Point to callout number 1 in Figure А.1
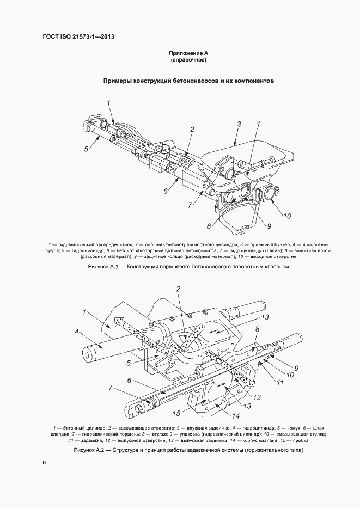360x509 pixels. point(108,102)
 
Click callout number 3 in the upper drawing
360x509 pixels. point(239,125)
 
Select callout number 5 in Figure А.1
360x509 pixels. point(86,149)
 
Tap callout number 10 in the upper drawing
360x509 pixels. point(287,216)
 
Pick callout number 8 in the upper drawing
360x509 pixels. point(209,226)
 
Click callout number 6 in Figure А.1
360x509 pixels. point(164,191)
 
